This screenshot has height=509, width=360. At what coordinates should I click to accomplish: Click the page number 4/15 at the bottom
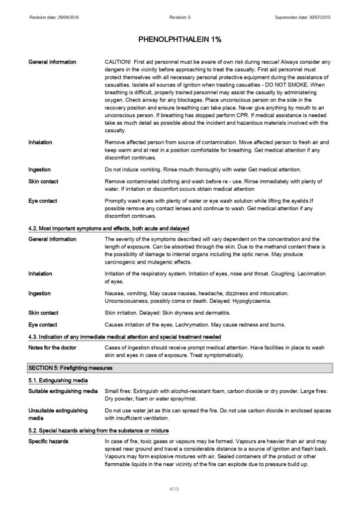(174, 490)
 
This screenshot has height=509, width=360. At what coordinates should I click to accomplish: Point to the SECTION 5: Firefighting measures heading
(70, 368)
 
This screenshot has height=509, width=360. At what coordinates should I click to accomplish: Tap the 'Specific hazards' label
(49, 441)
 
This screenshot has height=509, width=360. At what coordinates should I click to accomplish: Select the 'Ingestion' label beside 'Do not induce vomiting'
(40, 170)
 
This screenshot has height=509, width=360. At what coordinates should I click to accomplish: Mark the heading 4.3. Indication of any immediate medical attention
(124, 338)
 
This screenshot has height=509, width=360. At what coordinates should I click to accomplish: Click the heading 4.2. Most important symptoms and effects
(108, 228)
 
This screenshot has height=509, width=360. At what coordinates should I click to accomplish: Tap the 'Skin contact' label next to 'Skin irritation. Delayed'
(43, 313)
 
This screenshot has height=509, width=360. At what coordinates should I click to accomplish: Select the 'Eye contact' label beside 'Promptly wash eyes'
(43, 201)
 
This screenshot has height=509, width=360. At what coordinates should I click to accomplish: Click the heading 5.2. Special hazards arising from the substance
(98, 430)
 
